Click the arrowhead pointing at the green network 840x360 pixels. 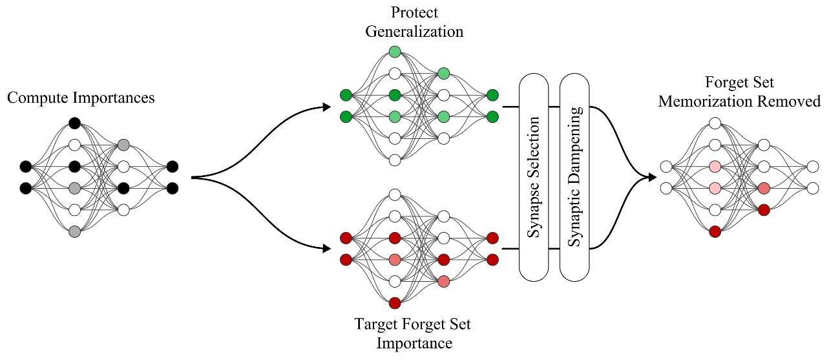[x=326, y=106]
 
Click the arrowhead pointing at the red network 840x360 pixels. [x=326, y=248]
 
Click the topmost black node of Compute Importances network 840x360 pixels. [x=74, y=123]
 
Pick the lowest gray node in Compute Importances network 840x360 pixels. [x=74, y=231]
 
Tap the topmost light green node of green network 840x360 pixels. [x=395, y=52]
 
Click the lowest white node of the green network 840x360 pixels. [x=395, y=160]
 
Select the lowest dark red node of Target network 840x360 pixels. [x=395, y=302]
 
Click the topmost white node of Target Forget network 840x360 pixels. [x=395, y=194]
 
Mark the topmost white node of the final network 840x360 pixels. [x=715, y=123]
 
